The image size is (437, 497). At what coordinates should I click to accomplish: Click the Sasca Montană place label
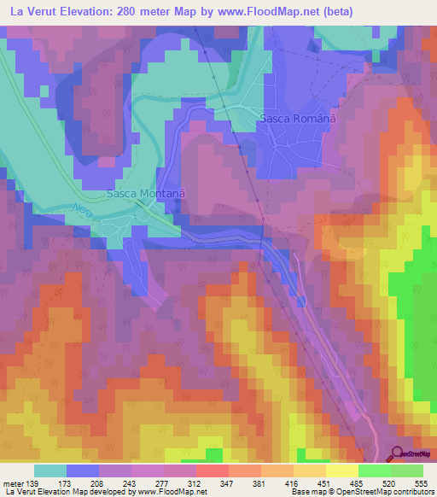(x=145, y=194)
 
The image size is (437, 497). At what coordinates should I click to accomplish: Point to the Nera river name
(x=82, y=208)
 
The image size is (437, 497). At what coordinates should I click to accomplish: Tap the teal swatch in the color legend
(x=50, y=471)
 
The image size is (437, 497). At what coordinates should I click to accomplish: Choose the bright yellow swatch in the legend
(x=341, y=471)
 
